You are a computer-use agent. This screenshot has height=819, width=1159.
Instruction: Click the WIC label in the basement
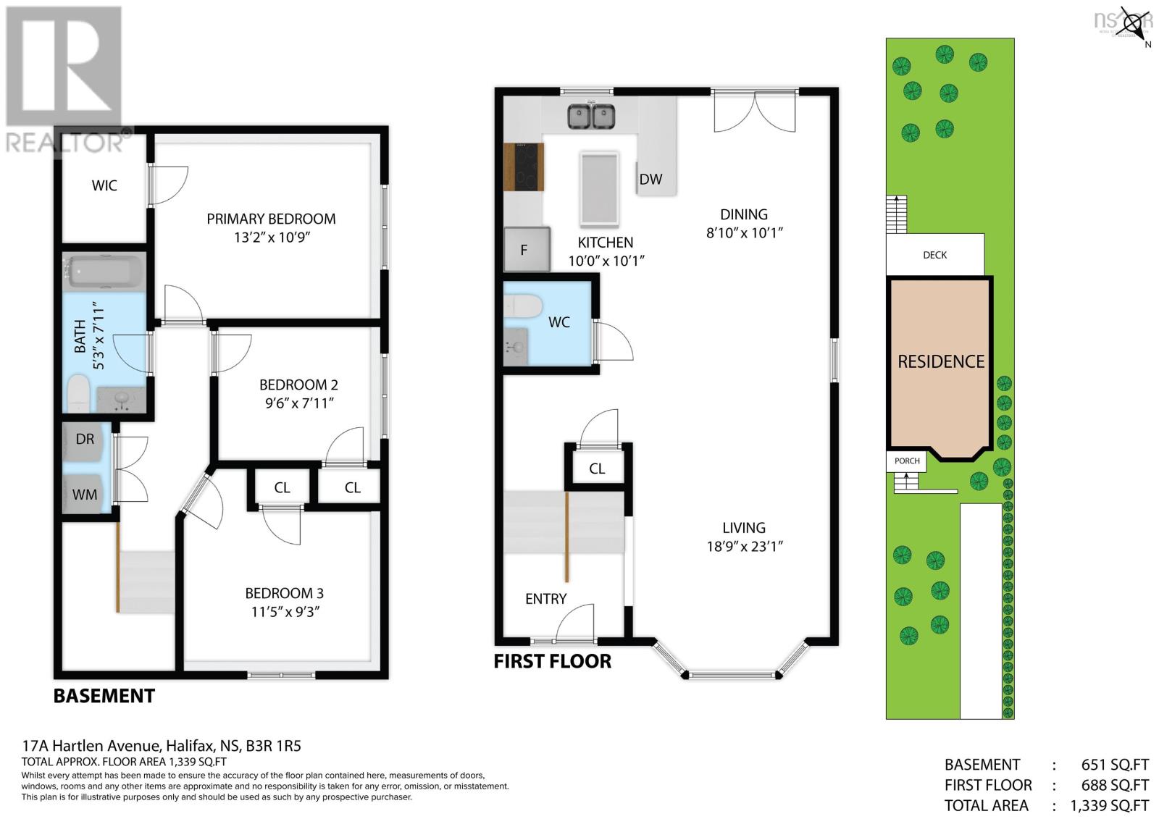click(x=104, y=185)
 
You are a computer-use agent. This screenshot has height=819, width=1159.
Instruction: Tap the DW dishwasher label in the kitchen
click(x=650, y=179)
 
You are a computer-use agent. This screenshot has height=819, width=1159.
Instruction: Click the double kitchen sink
click(x=591, y=116)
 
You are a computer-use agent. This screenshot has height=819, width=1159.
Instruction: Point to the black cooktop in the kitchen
click(x=524, y=167)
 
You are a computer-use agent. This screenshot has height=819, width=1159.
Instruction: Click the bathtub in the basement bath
click(x=106, y=272)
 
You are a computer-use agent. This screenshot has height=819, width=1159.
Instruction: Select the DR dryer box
click(x=86, y=439)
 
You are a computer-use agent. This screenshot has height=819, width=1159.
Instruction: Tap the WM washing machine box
click(x=85, y=495)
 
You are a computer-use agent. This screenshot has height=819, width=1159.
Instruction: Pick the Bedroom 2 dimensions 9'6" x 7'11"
click(x=299, y=403)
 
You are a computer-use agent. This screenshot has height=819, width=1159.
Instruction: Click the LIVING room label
click(x=744, y=528)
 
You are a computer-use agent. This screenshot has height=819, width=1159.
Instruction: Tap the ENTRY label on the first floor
click(x=545, y=599)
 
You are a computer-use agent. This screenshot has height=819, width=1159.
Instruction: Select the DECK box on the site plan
click(x=934, y=255)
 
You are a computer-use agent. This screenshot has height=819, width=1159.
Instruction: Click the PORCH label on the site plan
click(x=906, y=461)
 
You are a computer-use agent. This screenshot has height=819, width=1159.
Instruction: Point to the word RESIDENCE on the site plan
click(x=940, y=361)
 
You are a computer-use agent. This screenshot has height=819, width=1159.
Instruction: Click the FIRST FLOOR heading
click(x=552, y=661)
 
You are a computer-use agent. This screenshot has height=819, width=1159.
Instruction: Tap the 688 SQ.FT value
click(x=1114, y=785)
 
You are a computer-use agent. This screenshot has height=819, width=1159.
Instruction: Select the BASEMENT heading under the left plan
click(x=104, y=696)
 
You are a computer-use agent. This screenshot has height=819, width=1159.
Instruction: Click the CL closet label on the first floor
click(x=597, y=469)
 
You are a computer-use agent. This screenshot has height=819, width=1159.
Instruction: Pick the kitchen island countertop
click(x=599, y=188)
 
